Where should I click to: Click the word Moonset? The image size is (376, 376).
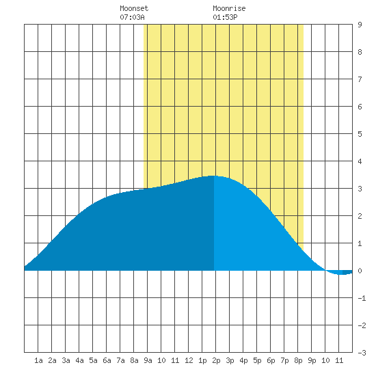point(134,8)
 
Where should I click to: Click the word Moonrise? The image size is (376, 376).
point(229,8)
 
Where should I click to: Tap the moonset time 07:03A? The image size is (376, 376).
point(132,17)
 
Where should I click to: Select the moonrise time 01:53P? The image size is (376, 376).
point(225,17)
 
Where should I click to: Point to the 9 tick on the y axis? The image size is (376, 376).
point(360,25)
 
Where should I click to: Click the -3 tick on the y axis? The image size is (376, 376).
point(362,353)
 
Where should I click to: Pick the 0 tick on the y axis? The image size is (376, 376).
point(360,271)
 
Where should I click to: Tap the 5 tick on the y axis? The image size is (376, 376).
point(360,134)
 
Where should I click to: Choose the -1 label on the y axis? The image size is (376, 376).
point(362,298)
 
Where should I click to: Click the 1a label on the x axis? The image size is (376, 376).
point(38,360)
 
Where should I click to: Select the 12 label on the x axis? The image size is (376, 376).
point(189,360)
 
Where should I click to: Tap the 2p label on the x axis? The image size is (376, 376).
point(216,360)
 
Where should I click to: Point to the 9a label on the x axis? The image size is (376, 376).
point(148,360)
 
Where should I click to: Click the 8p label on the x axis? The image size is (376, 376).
point(298,360)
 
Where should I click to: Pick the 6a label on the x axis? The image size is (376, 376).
point(107,360)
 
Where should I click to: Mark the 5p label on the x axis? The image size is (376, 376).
point(257,360)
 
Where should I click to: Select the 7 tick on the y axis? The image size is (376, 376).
point(360,79)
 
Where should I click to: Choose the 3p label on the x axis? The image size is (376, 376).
point(230,360)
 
